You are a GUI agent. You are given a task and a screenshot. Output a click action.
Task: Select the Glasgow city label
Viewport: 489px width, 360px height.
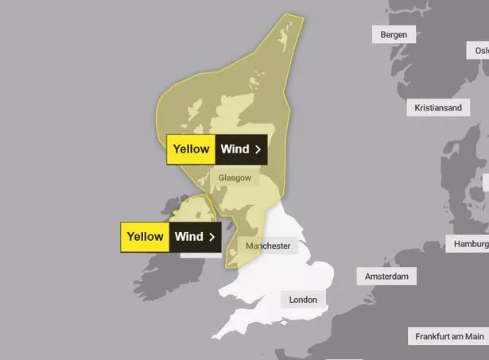(x=234, y=179)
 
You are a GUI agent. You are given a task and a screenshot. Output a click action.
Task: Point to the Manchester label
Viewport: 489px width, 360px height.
(x=268, y=246)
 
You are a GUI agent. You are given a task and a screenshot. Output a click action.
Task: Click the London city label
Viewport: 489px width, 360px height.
(x=302, y=300)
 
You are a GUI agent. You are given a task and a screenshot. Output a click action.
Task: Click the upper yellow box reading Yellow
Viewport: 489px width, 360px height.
(x=191, y=149)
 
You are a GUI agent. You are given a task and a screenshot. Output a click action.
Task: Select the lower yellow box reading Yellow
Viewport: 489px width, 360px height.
(x=144, y=237)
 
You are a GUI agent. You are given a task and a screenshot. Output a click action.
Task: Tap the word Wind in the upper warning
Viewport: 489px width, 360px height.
(x=235, y=149)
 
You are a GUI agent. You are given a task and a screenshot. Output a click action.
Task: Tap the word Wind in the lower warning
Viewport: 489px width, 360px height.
(x=188, y=237)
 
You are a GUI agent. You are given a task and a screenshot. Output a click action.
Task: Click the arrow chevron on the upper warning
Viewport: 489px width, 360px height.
(x=258, y=149)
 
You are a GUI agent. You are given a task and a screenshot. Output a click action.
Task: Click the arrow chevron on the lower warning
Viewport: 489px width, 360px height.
(x=212, y=237)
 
